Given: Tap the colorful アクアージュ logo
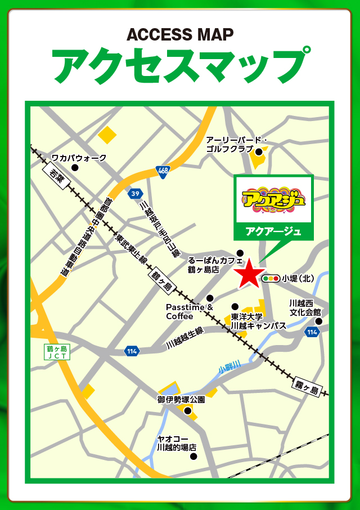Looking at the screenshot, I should click(x=273, y=199).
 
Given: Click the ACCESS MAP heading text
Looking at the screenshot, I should click(x=180, y=35).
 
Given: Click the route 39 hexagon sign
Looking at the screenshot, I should click(x=134, y=194).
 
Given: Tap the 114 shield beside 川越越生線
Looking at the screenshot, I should click(x=132, y=351).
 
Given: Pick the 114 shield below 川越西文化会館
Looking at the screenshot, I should click(x=312, y=333).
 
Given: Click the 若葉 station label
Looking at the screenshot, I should click(x=57, y=178).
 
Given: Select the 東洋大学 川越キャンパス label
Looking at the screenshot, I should click(x=258, y=321).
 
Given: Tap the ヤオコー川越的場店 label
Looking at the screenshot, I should click(x=177, y=443).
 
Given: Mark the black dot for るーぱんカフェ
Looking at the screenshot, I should click(x=240, y=252).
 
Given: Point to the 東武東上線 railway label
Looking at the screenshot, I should click(x=131, y=249).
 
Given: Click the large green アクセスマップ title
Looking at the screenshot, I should click(x=180, y=66).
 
